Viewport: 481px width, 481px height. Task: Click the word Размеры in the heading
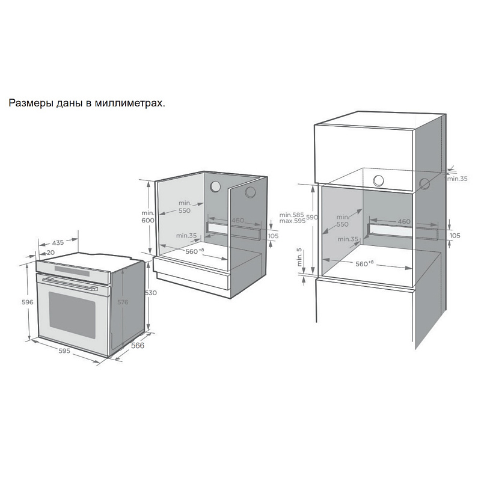tap(29, 103)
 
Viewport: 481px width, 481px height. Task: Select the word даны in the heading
tap(67, 103)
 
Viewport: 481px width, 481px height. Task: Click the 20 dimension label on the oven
tap(51, 253)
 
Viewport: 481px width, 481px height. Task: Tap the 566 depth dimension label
tap(138, 347)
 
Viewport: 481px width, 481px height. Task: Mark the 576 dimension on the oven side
tap(123, 302)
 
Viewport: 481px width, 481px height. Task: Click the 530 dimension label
tap(150, 293)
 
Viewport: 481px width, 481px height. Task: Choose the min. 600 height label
tap(148, 216)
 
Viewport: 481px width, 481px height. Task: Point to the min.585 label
tap(292, 215)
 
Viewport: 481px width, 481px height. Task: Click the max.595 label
tap(293, 221)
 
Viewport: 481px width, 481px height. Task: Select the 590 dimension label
tap(312, 217)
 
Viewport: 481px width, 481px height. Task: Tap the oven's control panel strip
tap(72, 267)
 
